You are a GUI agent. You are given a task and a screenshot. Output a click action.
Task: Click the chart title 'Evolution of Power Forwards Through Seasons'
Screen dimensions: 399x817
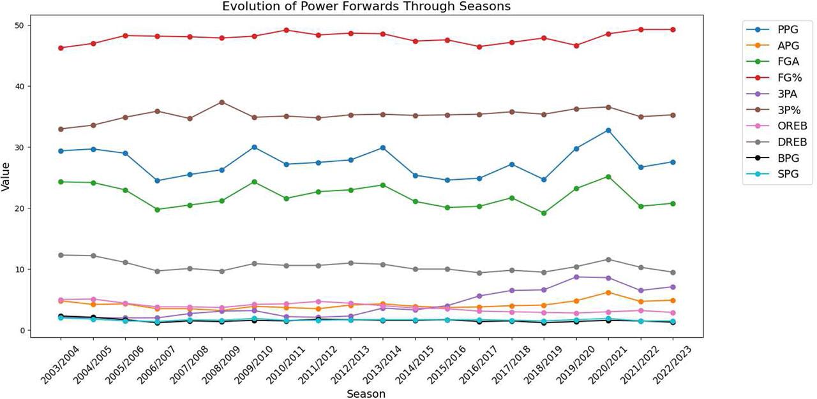coord(366,6)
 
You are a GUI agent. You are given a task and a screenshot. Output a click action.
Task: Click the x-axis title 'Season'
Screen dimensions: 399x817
coord(366,394)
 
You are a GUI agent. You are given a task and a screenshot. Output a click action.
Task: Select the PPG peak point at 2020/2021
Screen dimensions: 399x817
coord(608,130)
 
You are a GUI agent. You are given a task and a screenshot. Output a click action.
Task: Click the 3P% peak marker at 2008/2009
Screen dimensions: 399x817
coord(221,102)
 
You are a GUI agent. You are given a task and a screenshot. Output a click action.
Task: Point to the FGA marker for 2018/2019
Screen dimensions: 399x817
coord(544,213)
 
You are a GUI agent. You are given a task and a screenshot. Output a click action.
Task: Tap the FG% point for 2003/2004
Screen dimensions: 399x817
coord(61,48)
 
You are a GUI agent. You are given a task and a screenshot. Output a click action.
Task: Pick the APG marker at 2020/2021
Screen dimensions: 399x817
coord(608,293)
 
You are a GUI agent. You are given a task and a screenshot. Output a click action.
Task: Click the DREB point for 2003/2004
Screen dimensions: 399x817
coord(61,255)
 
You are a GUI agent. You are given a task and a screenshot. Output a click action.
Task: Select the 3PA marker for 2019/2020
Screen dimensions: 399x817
coord(576,277)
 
